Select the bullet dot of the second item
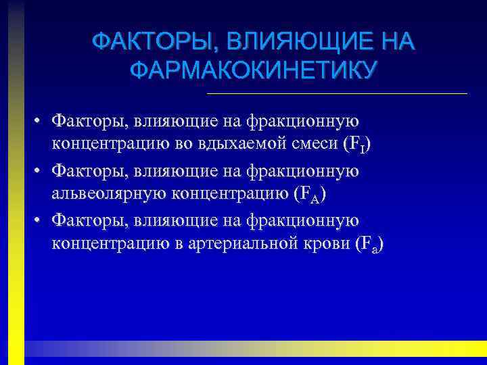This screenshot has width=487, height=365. (41, 172)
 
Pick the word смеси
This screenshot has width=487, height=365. (311, 145)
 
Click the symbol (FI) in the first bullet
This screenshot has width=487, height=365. (357, 145)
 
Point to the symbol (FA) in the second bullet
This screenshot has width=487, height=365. (310, 195)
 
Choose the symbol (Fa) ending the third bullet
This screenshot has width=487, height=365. (369, 245)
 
